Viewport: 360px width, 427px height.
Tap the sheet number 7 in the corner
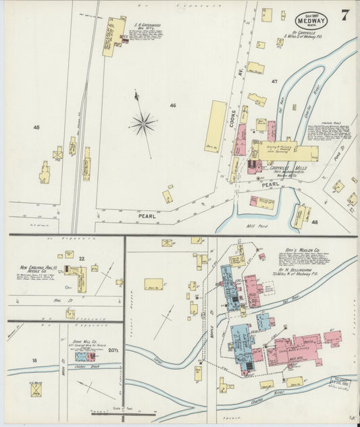coord(344,16)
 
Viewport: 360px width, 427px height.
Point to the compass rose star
coord(143,123)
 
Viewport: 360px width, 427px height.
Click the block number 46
coord(173,105)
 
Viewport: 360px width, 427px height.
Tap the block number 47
coord(274,81)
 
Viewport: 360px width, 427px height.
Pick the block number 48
coord(314,221)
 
